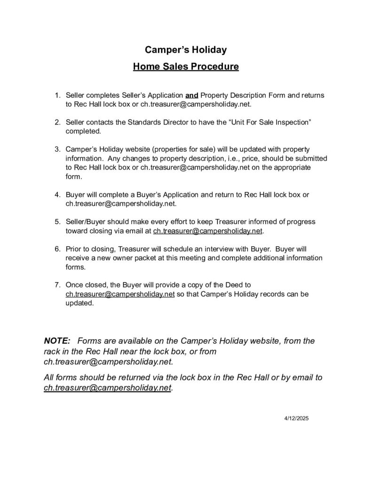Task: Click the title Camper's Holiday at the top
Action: click(186, 49)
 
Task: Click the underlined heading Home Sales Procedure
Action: click(186, 66)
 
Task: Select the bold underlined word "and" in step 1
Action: click(192, 95)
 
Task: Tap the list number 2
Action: click(57, 123)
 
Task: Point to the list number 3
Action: click(57, 150)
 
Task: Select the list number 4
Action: click(57, 194)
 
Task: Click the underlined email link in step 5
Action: click(207, 231)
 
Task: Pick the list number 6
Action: click(57, 249)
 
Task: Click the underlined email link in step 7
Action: click(120, 294)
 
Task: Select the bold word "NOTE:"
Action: click(57, 341)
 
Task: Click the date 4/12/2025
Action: click(296, 418)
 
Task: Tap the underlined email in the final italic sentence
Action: click(107, 388)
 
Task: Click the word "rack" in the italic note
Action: click(52, 351)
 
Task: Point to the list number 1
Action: click(57, 95)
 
